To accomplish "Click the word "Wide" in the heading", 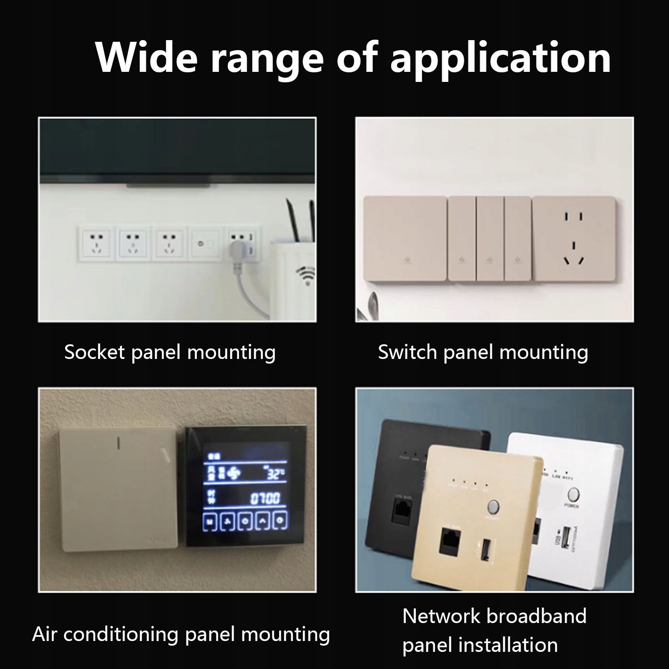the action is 146,58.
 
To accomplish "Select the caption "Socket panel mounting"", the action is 170,352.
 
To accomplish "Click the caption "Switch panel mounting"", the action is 483,352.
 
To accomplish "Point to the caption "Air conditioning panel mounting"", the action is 181,634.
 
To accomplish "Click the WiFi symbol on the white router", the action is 307,276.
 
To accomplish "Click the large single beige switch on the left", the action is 404,239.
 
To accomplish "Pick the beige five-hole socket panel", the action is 574,239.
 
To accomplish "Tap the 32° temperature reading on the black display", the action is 275,473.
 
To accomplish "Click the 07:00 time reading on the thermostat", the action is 265,498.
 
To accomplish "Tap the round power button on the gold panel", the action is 493,507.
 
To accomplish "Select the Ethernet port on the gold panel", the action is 450,542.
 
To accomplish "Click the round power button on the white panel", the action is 573,495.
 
